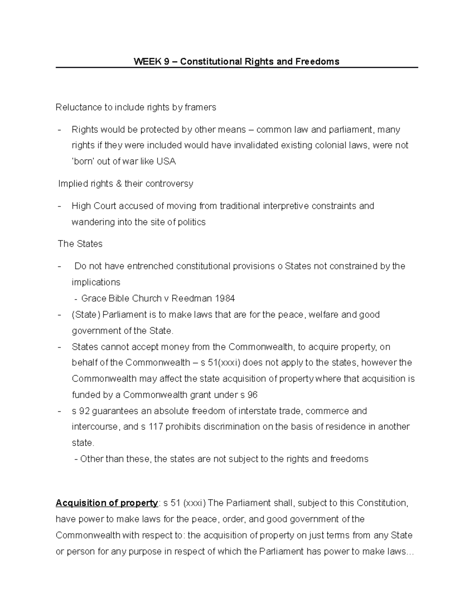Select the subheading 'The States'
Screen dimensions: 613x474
[x=80, y=244]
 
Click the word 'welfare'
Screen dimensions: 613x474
[x=324, y=315]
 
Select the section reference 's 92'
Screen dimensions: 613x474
[x=81, y=411]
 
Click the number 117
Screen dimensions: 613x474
[x=155, y=427]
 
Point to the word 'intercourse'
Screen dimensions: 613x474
[x=95, y=427]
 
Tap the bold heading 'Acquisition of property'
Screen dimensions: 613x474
[x=106, y=503]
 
